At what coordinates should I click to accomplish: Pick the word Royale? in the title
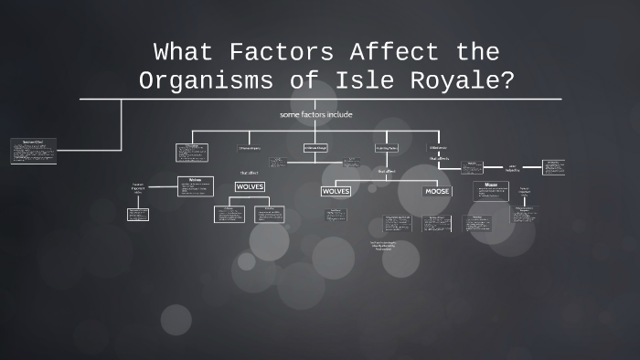point(463,80)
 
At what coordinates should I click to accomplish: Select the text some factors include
point(316,114)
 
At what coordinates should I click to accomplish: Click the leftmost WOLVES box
point(250,186)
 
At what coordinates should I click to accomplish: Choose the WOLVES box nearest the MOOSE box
point(336,191)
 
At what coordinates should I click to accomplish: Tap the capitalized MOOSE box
point(436,191)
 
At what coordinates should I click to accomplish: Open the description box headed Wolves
point(195,186)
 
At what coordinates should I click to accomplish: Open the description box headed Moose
point(491,191)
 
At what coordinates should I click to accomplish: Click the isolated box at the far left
point(34,151)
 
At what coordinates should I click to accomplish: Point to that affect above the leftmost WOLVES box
point(249,172)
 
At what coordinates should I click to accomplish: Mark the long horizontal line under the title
point(320,98)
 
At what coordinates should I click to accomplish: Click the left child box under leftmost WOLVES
point(229,214)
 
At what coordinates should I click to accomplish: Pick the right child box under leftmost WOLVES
point(269,214)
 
